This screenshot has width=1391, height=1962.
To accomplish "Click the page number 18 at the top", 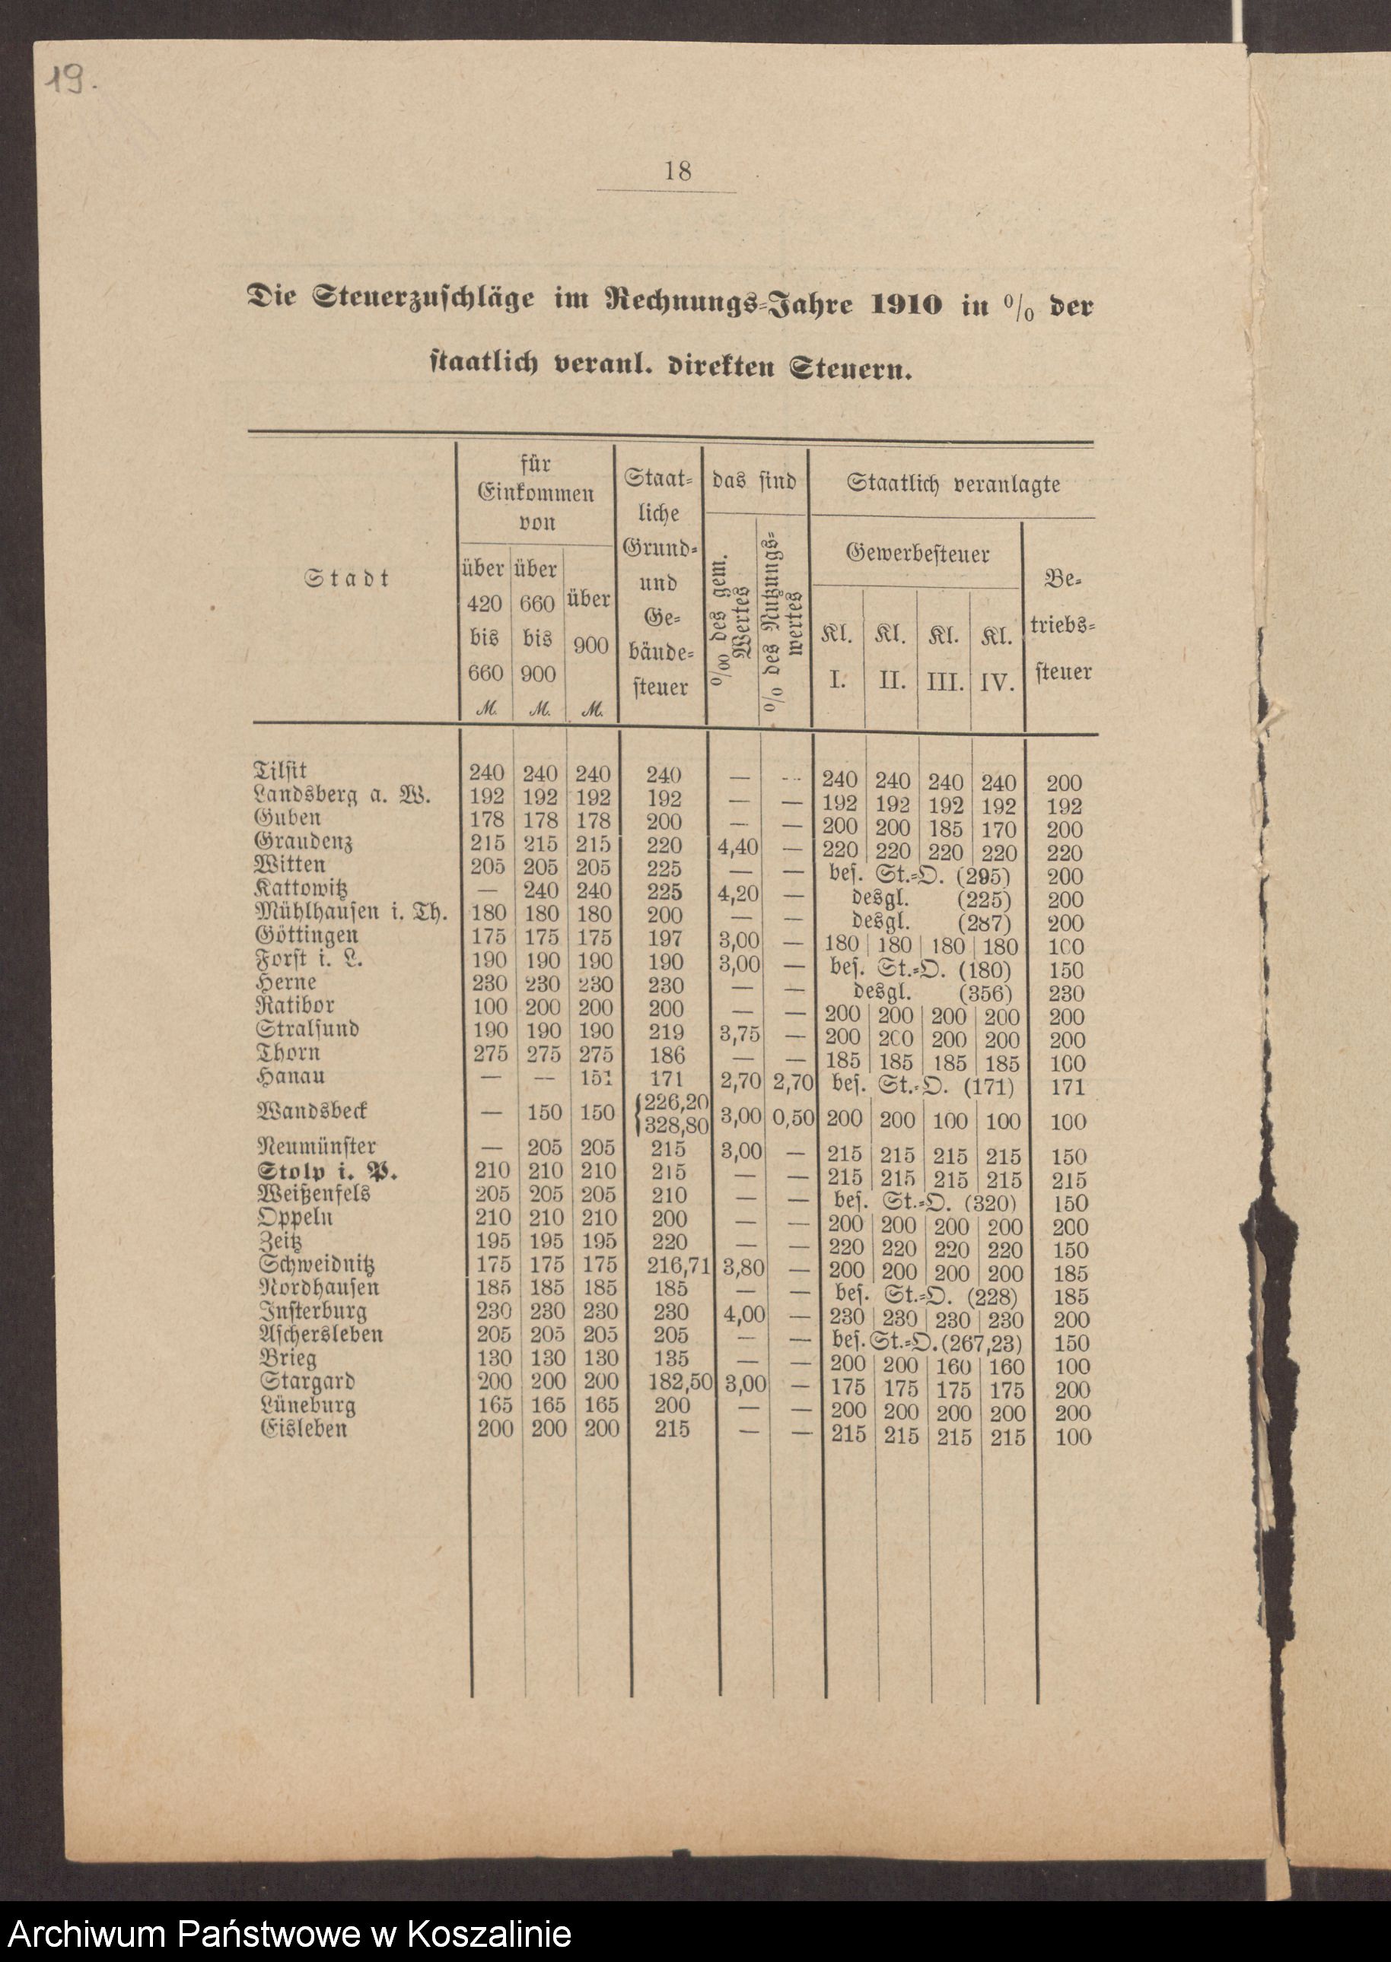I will pyautogui.click(x=677, y=171).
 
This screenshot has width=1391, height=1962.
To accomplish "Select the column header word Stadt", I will pyautogui.click(x=348, y=579).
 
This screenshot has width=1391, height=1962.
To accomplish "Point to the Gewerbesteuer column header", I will pyautogui.click(x=918, y=554).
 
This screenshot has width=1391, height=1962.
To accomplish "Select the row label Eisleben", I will pyautogui.click(x=303, y=1429).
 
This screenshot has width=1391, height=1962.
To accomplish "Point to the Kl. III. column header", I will pyautogui.click(x=945, y=659).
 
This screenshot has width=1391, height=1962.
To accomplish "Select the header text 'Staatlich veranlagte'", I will pyautogui.click(x=953, y=484).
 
